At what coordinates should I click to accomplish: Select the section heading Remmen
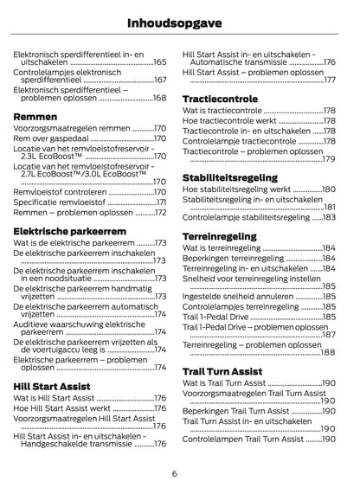pyautogui.click(x=36, y=115)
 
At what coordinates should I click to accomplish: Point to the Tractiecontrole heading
pyautogui.click(x=221, y=99)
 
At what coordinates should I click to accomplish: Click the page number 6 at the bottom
pyautogui.click(x=174, y=473)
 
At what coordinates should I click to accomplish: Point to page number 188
pyautogui.click(x=328, y=353)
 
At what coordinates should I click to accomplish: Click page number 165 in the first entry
pyautogui.click(x=160, y=62)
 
